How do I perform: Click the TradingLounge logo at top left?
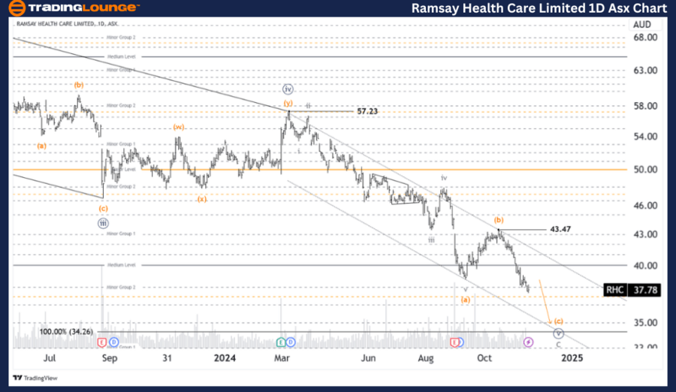click(x=73, y=8)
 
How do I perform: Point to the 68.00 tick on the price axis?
click(x=646, y=37)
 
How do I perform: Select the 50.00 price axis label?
click(x=646, y=170)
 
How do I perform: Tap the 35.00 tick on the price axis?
click(x=646, y=323)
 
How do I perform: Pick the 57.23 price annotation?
click(x=367, y=110)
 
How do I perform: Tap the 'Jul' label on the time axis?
click(x=50, y=358)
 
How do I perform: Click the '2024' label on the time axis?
click(x=225, y=358)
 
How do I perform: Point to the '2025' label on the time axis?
click(x=572, y=358)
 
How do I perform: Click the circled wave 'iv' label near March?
click(x=288, y=89)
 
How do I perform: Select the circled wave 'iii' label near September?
click(x=102, y=223)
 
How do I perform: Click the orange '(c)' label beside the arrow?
click(x=558, y=321)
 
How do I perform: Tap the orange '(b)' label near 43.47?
click(x=498, y=219)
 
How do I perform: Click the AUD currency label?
click(x=641, y=24)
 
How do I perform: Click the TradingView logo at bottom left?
click(x=35, y=378)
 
